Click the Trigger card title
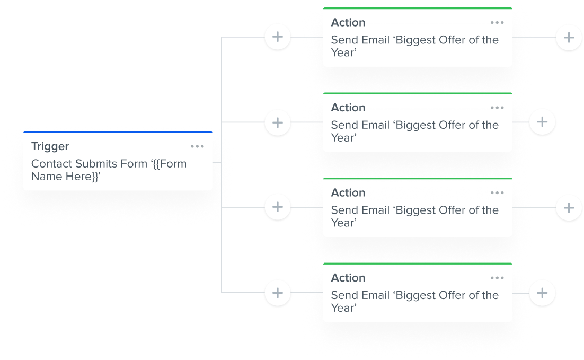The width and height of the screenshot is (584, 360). click(50, 146)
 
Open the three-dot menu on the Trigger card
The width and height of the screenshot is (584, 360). click(197, 146)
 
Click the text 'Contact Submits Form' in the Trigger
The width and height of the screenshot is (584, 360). click(89, 164)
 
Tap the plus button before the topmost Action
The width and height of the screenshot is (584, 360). click(278, 38)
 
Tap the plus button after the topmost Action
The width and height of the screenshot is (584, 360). click(569, 38)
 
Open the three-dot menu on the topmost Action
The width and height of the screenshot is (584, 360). click(497, 23)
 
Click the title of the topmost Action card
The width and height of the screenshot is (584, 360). click(348, 23)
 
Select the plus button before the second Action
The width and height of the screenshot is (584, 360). click(278, 122)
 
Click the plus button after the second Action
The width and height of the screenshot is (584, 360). click(542, 122)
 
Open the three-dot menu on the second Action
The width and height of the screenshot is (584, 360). click(497, 108)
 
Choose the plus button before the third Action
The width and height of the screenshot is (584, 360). click(278, 207)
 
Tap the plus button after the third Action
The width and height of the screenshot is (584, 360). click(569, 207)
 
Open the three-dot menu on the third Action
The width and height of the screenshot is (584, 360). click(497, 193)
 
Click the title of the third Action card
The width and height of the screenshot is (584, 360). click(348, 193)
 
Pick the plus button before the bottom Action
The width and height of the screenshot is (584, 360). click(278, 293)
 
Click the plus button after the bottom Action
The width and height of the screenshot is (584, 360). click(542, 293)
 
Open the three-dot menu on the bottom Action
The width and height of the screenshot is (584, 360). click(497, 278)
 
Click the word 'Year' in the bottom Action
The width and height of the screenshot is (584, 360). click(342, 308)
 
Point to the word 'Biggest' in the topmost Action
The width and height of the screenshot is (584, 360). click(419, 40)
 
